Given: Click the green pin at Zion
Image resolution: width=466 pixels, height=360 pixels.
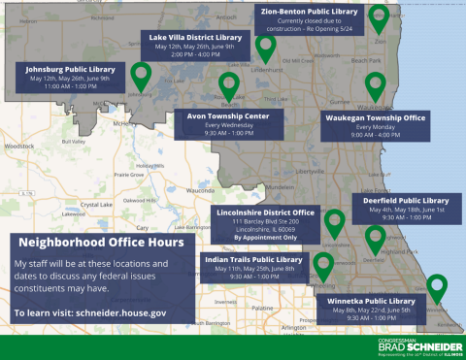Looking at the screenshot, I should pyautogui.click(x=379, y=18).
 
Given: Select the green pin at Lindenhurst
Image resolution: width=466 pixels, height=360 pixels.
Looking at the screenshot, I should pyautogui.click(x=265, y=48).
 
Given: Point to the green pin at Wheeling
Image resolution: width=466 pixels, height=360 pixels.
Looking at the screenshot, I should pyautogui.click(x=323, y=265).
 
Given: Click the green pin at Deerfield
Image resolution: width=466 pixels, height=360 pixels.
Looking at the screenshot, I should pyautogui.click(x=375, y=239).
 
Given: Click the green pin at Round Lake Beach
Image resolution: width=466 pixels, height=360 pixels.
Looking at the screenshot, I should pyautogui.click(x=229, y=85).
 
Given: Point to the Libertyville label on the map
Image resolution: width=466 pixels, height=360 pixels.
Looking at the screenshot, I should pyautogui.click(x=311, y=171).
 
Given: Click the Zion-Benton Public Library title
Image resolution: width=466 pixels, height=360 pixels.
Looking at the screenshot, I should pyautogui.click(x=311, y=12).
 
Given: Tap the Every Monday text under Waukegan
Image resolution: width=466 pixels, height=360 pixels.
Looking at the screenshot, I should pyautogui.click(x=377, y=127).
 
